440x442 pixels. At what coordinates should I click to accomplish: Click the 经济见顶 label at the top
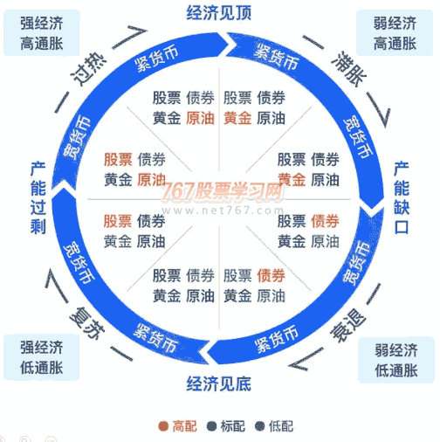[x=219, y=13]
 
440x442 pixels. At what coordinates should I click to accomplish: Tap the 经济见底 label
[x=219, y=383]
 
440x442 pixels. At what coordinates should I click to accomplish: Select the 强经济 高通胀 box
[x=42, y=33]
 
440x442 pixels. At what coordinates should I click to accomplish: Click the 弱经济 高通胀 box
[x=395, y=33]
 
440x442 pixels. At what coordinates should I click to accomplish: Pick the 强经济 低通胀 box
[x=42, y=357]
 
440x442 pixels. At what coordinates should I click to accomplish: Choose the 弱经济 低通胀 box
[x=396, y=360]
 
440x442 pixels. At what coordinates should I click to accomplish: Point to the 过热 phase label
[x=88, y=69]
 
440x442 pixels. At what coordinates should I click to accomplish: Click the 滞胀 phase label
[x=349, y=69]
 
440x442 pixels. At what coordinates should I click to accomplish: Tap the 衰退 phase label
[x=349, y=326]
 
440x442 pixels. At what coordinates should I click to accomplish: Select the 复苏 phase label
[x=87, y=323]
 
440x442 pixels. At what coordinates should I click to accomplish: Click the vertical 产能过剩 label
[x=38, y=198]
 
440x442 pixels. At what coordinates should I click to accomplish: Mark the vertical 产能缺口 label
[x=402, y=197]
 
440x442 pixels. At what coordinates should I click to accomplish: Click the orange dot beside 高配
[x=163, y=426]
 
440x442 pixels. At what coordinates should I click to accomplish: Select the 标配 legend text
[x=233, y=426]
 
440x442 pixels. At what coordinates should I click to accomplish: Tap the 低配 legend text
[x=281, y=426]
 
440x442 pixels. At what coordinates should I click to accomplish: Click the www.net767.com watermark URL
[x=223, y=210]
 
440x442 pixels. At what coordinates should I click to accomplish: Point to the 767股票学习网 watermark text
[x=223, y=191]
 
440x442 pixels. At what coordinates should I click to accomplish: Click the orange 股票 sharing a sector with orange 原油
[x=118, y=159]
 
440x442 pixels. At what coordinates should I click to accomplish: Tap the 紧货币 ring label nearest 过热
[x=156, y=59]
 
